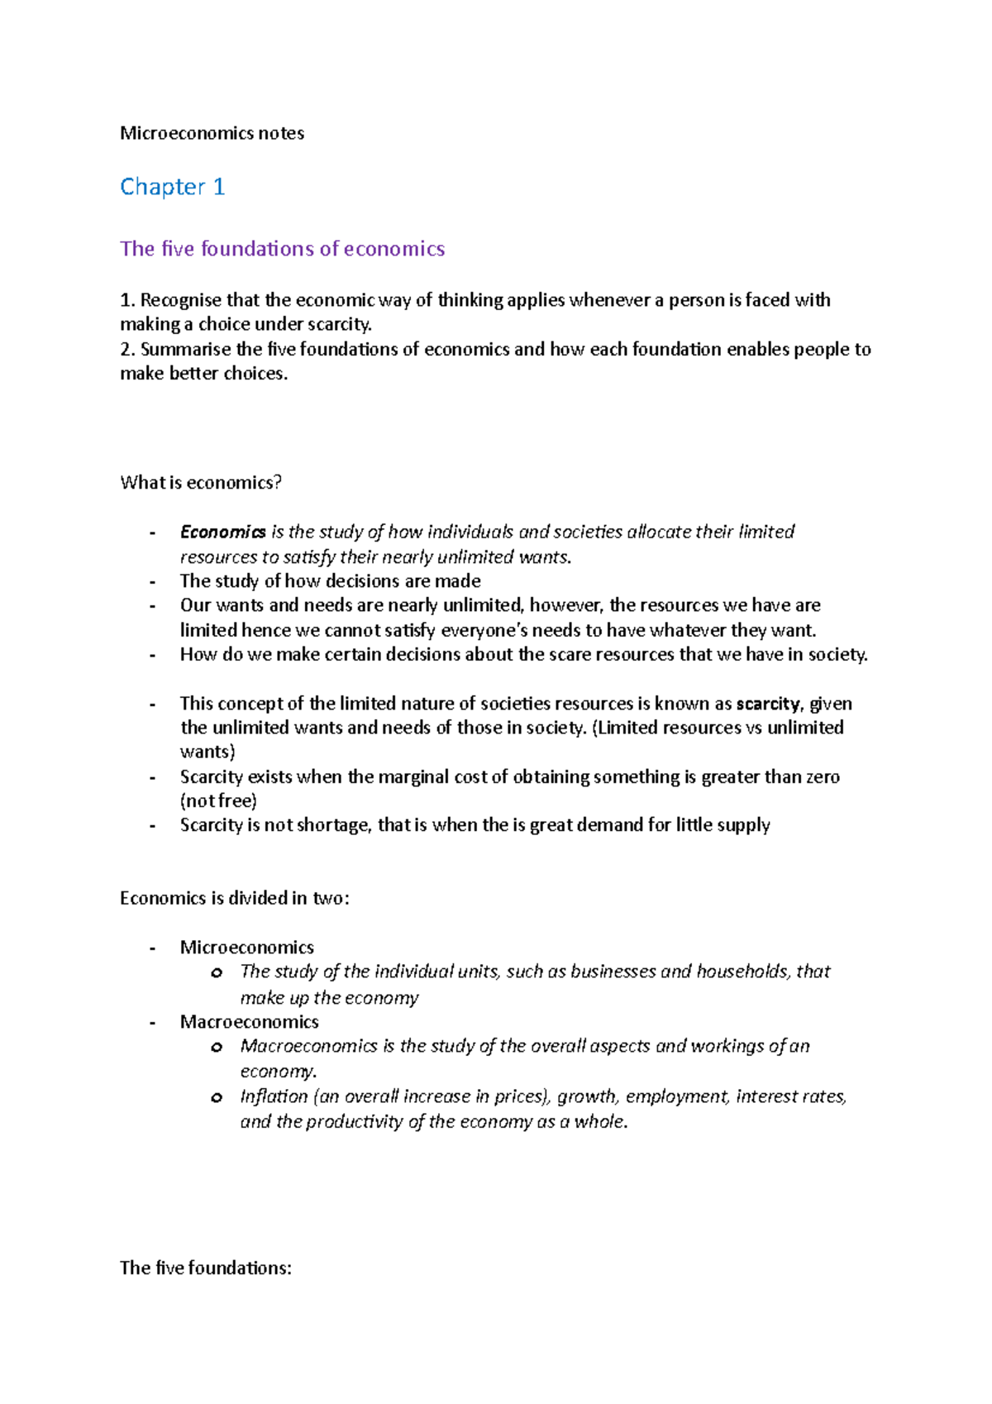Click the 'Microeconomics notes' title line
212,133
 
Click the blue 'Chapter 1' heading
172,187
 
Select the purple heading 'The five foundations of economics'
282,249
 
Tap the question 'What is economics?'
201,483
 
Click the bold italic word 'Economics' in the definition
222,532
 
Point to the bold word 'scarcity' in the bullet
767,704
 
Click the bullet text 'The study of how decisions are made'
330,581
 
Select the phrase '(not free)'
218,800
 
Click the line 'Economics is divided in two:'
234,899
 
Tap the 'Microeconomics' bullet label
246,948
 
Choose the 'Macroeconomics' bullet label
249,1022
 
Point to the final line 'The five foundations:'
205,1268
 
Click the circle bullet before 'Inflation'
217,1098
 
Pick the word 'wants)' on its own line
207,752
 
